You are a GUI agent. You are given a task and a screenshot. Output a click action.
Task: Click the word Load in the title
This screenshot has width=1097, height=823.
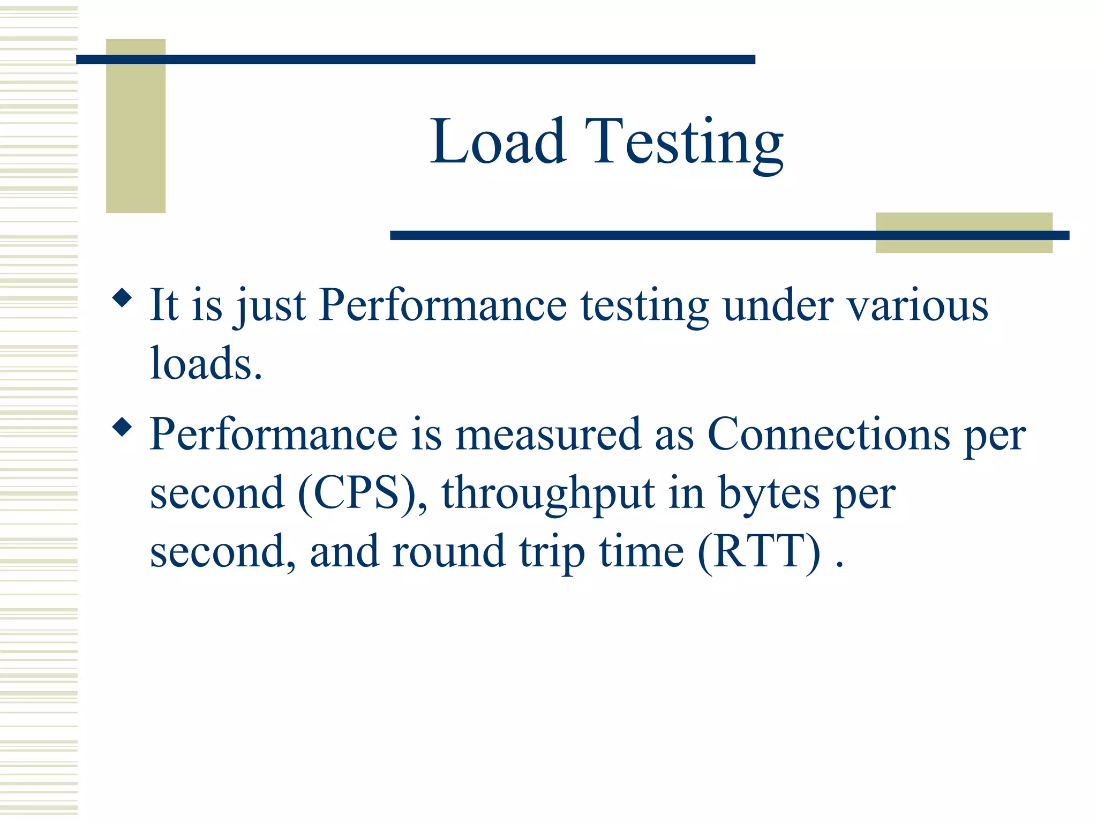point(498,141)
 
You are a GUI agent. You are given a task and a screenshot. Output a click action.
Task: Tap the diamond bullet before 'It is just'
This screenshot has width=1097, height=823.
point(122,298)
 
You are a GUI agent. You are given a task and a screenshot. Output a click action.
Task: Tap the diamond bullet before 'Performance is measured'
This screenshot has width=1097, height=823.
point(122,427)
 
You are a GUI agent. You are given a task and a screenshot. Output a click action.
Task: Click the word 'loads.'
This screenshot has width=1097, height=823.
point(206,364)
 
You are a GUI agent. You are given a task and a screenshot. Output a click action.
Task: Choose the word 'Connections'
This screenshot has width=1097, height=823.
point(828,435)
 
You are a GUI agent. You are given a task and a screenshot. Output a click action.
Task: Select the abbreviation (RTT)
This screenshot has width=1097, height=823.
point(759,551)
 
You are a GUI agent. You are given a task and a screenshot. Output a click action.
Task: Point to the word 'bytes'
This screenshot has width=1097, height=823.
point(769,493)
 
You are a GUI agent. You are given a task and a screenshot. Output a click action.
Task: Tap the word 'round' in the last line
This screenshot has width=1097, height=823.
point(448,551)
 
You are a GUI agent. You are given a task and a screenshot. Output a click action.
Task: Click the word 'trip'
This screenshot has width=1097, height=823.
point(552,552)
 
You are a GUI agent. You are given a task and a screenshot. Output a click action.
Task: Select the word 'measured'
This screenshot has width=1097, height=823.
point(548,435)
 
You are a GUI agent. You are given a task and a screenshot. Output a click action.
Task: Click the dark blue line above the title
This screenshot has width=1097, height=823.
point(416,59)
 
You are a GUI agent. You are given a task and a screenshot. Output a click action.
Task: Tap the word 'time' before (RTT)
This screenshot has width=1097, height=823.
point(641,551)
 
